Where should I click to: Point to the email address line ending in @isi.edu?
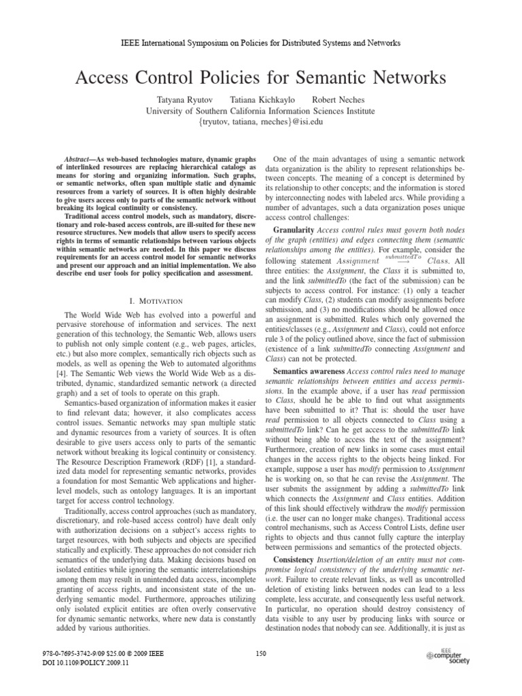tap(261, 122)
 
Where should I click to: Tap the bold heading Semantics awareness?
tap(309, 372)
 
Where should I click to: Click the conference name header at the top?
tap(261, 43)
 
